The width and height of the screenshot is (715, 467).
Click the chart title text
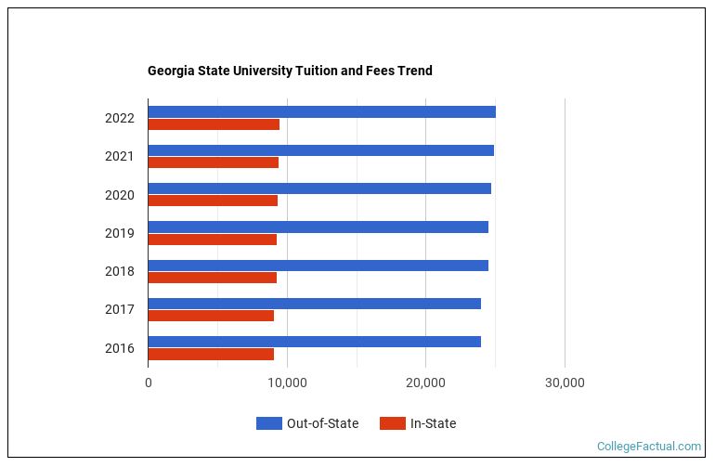pos(290,71)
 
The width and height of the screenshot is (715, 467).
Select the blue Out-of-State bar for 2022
pos(321,112)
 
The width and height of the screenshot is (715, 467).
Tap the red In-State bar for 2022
pos(214,124)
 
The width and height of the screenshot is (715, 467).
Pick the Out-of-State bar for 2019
pos(318,227)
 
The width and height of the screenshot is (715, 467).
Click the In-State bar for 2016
pos(211,354)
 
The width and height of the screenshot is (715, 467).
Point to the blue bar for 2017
pos(314,304)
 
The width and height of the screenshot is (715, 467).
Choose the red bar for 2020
pos(213,201)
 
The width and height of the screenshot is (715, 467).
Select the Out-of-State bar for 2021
pos(320,150)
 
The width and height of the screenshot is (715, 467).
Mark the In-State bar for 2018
pos(212,277)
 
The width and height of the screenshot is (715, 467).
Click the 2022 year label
pos(120,118)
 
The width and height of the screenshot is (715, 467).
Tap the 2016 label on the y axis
pos(120,348)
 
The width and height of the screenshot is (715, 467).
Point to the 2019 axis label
pos(120,233)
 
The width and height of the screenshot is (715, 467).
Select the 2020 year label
pos(120,195)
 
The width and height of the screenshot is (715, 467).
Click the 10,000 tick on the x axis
pos(287,383)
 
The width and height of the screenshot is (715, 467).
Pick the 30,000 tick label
pos(565,383)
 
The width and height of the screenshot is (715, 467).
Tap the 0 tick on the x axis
pos(149,383)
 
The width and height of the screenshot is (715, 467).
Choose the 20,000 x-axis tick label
pos(425,383)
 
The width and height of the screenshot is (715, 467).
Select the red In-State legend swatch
pos(393,423)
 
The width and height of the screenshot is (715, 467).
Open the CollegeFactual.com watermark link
pos(648,447)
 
